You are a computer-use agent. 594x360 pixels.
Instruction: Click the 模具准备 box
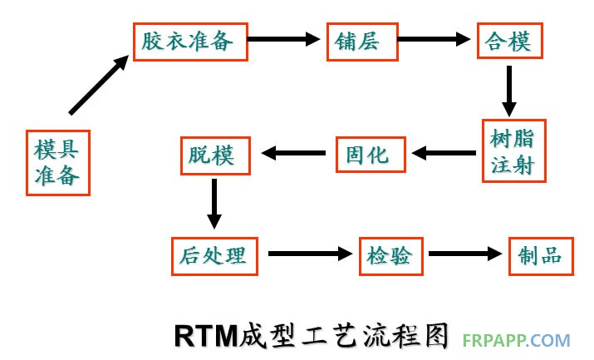click(57, 162)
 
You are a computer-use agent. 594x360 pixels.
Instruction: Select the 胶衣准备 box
click(191, 40)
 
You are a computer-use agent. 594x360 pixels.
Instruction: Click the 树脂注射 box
click(513, 150)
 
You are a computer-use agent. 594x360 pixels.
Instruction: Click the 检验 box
click(390, 255)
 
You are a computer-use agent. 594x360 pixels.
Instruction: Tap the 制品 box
click(540, 255)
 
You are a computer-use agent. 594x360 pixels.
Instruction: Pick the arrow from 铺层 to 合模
click(433, 38)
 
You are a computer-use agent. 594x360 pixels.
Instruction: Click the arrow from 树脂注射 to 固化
click(444, 153)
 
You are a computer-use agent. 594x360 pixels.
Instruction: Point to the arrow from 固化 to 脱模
click(294, 153)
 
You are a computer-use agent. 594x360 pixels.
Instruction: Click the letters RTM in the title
click(206, 334)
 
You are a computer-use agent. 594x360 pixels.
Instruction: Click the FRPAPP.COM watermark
click(520, 340)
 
